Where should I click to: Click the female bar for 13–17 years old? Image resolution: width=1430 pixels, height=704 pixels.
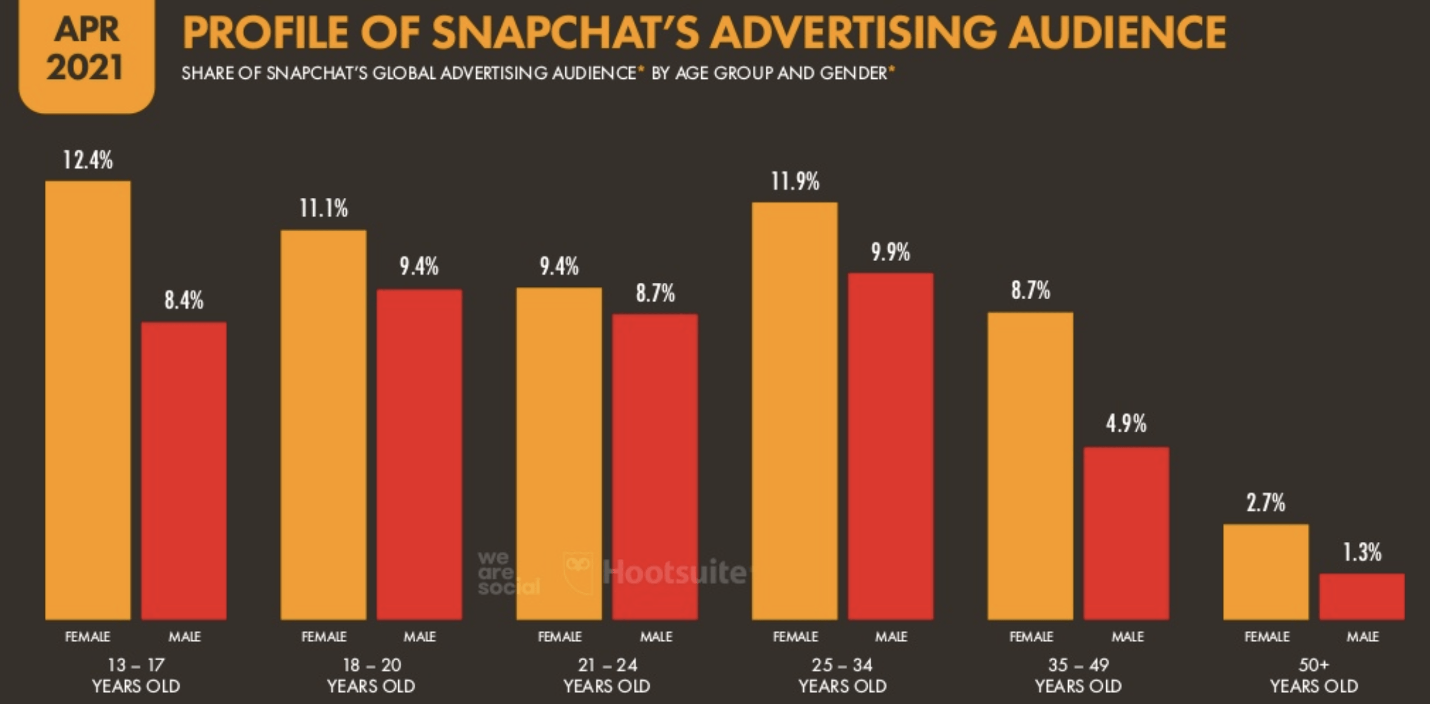click(88, 401)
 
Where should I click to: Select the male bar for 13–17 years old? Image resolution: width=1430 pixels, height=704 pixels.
click(184, 470)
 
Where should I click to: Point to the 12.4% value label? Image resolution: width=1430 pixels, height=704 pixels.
click(88, 160)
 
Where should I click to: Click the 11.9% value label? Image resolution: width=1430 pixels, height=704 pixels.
click(795, 181)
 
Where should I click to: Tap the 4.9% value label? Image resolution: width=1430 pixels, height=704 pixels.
click(1126, 424)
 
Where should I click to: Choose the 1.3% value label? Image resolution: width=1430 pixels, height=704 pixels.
click(1362, 552)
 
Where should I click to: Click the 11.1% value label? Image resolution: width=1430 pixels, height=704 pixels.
click(324, 209)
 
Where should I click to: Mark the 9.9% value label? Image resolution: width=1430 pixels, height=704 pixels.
click(891, 252)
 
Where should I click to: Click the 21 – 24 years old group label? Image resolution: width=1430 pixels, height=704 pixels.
click(607, 675)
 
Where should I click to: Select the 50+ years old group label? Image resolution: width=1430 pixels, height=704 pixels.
click(1314, 675)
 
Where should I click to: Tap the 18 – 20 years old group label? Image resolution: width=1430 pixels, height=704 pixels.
click(371, 675)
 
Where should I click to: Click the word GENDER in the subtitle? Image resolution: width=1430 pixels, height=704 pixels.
click(853, 73)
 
